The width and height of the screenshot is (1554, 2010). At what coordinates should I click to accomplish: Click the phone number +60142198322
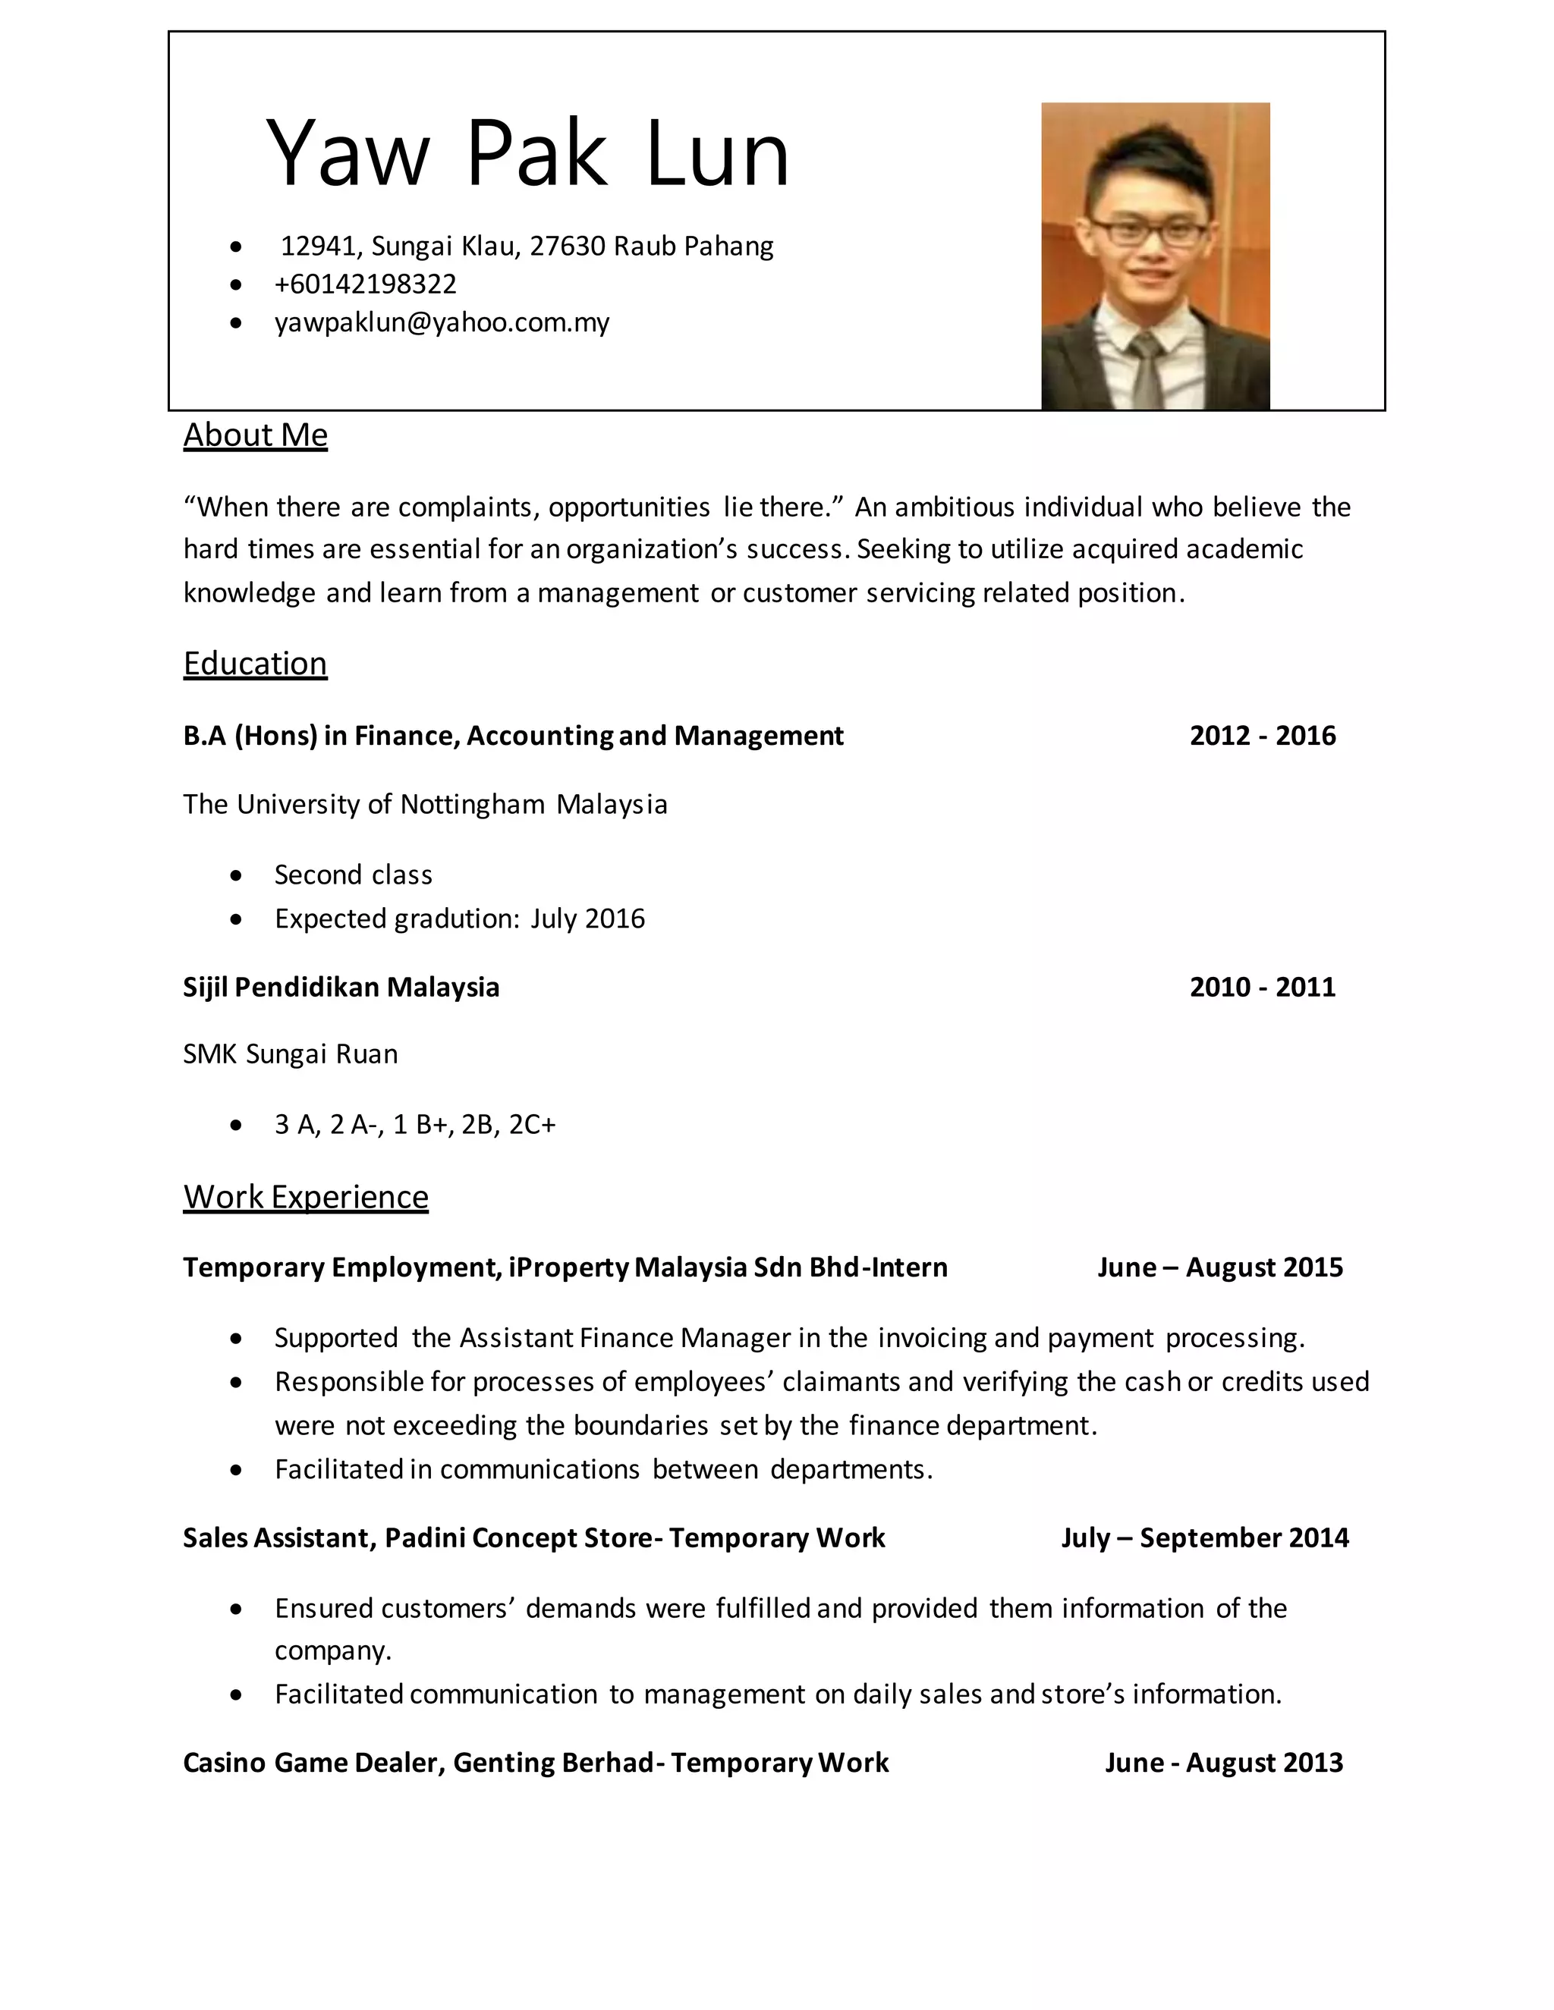pos(366,284)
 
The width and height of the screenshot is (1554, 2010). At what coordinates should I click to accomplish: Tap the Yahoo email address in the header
pos(442,322)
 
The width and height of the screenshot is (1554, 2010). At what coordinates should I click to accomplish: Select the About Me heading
pos(255,435)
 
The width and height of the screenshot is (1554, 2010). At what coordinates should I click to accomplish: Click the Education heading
pos(255,663)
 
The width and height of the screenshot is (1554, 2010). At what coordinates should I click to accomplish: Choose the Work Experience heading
pos(306,1196)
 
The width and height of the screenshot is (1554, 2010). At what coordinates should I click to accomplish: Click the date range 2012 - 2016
pos(1262,735)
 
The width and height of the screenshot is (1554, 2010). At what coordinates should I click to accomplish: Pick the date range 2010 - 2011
pos(1262,987)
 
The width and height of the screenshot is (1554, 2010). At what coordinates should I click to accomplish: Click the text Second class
pos(354,875)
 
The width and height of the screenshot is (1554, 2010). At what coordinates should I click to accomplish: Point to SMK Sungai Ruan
pos(290,1054)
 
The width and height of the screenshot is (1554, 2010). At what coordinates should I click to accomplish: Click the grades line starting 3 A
pos(415,1125)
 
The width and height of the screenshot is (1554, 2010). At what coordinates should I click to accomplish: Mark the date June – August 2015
pos(1220,1267)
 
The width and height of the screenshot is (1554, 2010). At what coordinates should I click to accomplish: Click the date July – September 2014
pos(1204,1538)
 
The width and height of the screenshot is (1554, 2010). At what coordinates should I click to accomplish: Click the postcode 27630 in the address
pos(567,246)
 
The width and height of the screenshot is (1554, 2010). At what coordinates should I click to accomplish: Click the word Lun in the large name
pos(717,154)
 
